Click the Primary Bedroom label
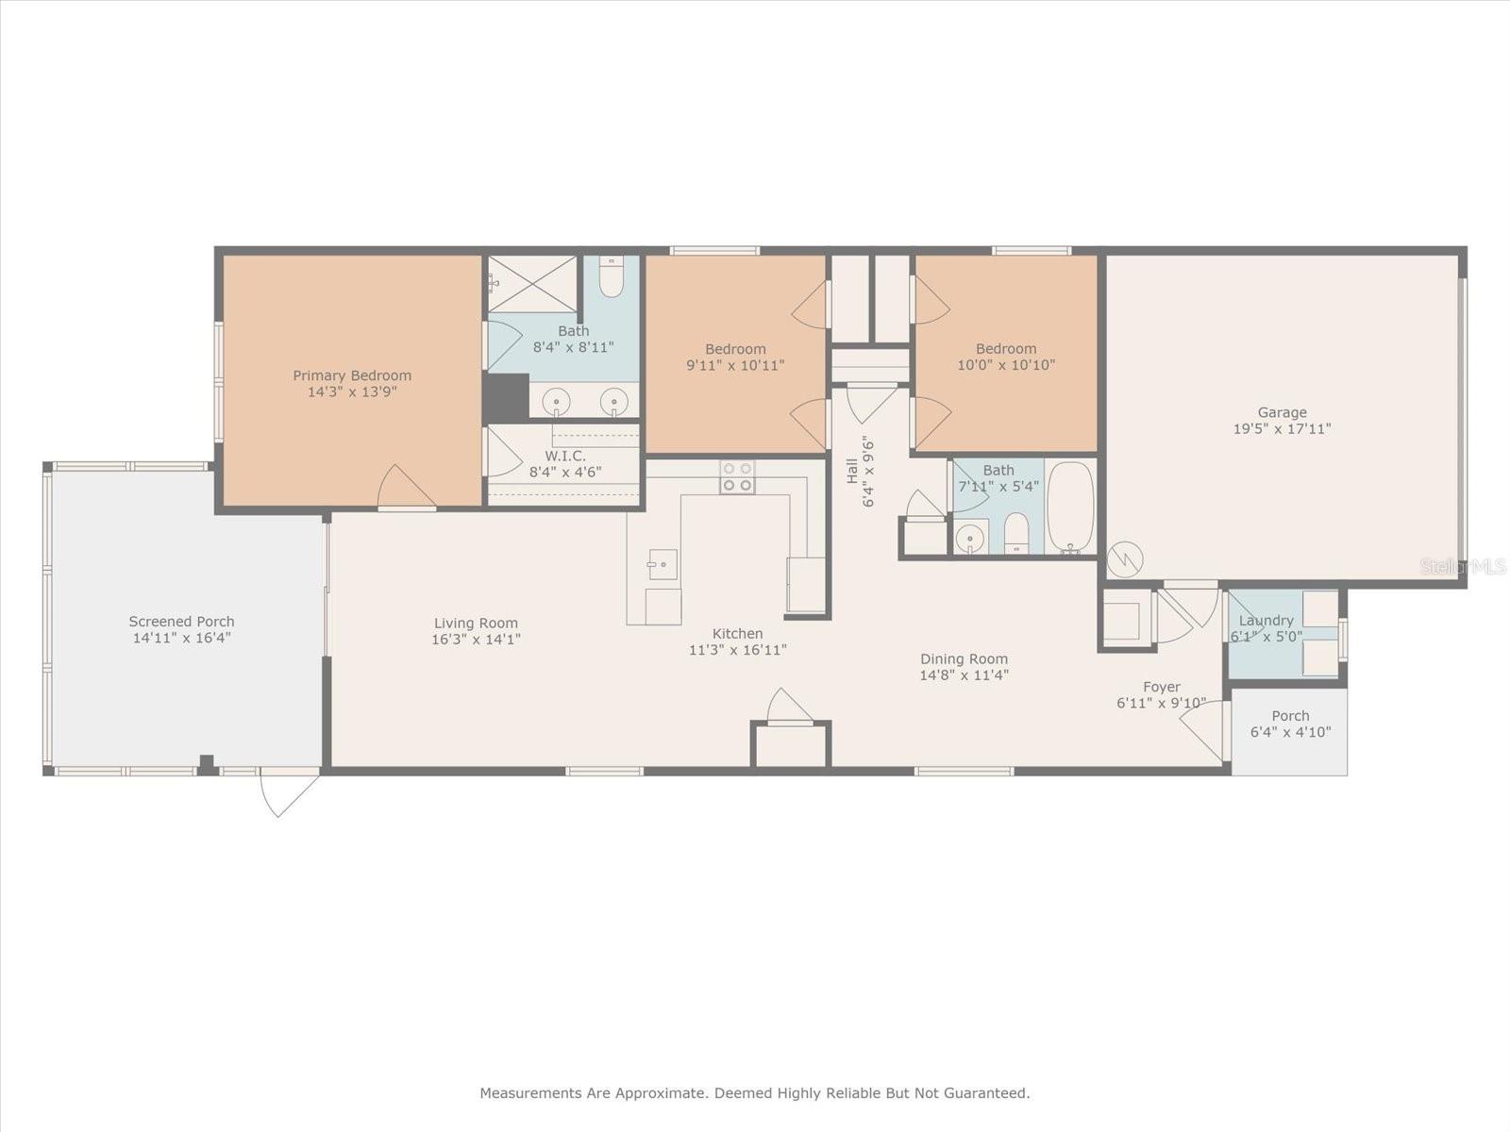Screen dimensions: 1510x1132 [352, 375]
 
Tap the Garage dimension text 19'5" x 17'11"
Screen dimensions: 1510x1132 [1282, 429]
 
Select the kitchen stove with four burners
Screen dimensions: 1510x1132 [737, 477]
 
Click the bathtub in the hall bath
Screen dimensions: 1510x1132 [1069, 508]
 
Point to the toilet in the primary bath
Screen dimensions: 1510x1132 [611, 277]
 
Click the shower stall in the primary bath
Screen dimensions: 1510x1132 [532, 284]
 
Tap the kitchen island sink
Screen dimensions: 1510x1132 [663, 564]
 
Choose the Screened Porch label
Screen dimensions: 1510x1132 [181, 622]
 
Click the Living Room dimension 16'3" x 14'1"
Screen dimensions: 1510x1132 [476, 640]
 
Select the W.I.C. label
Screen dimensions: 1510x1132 [565, 456]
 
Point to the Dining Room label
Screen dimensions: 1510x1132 [964, 659]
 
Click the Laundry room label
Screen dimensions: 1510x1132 [1266, 621]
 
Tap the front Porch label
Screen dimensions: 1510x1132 [1290, 715]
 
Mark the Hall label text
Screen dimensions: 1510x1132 [851, 472]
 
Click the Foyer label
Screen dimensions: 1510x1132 [1162, 688]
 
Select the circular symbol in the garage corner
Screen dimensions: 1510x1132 [1125, 560]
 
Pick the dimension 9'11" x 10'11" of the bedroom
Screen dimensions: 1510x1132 [735, 366]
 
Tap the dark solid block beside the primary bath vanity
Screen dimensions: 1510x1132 [506, 398]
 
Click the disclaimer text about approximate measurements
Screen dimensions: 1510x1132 [755, 1092]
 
